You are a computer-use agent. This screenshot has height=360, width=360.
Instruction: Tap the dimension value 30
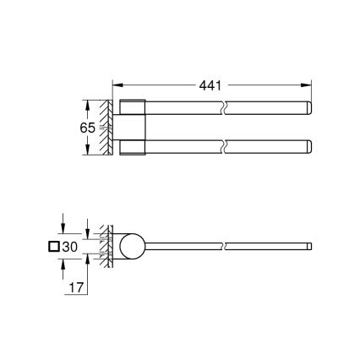[x=73, y=248]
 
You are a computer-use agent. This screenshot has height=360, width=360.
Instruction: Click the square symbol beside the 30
[x=55, y=248]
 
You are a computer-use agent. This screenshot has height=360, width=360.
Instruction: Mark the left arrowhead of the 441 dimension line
[x=117, y=85]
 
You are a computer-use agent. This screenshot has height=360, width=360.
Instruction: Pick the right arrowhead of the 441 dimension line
[x=309, y=85]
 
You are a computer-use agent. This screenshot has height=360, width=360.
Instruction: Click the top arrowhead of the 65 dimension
[x=86, y=102]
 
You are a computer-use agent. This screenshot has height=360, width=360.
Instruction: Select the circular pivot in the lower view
[x=131, y=247]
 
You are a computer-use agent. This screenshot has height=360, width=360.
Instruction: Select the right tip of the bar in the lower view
[x=310, y=247]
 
